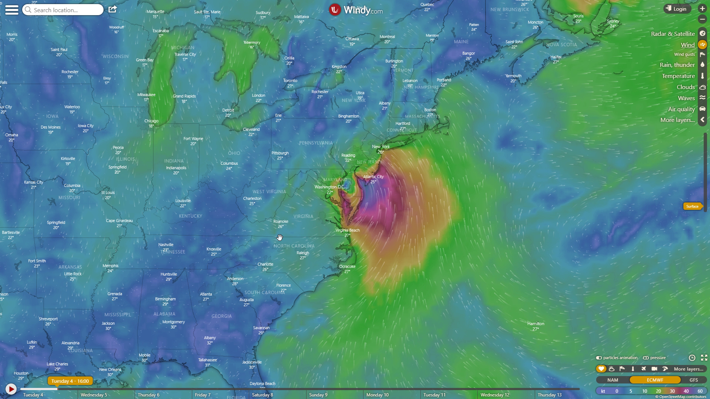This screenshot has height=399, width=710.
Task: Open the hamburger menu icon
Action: click(x=12, y=10)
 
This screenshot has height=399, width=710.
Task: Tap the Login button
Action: click(x=677, y=9)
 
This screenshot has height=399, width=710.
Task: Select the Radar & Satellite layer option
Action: click(x=673, y=34)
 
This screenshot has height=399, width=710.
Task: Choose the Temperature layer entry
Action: click(x=678, y=76)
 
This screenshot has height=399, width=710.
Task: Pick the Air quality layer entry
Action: click(x=681, y=109)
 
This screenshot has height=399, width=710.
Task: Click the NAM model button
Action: click(x=612, y=380)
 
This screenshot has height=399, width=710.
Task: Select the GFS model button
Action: click(x=694, y=380)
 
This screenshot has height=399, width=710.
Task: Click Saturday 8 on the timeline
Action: click(x=262, y=395)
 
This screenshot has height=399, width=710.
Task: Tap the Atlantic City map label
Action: click(x=373, y=177)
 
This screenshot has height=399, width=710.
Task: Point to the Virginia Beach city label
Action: click(x=347, y=230)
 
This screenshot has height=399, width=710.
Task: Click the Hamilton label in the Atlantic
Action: click(x=535, y=324)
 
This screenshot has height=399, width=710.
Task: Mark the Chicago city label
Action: click(x=151, y=121)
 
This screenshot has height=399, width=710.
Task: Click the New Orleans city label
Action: click(x=110, y=369)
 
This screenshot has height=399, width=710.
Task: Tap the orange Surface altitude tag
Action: click(x=692, y=206)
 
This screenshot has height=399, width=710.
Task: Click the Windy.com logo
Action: click(x=356, y=10)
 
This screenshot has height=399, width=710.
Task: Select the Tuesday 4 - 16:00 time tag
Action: click(x=70, y=381)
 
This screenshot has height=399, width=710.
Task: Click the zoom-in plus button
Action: click(x=702, y=8)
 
